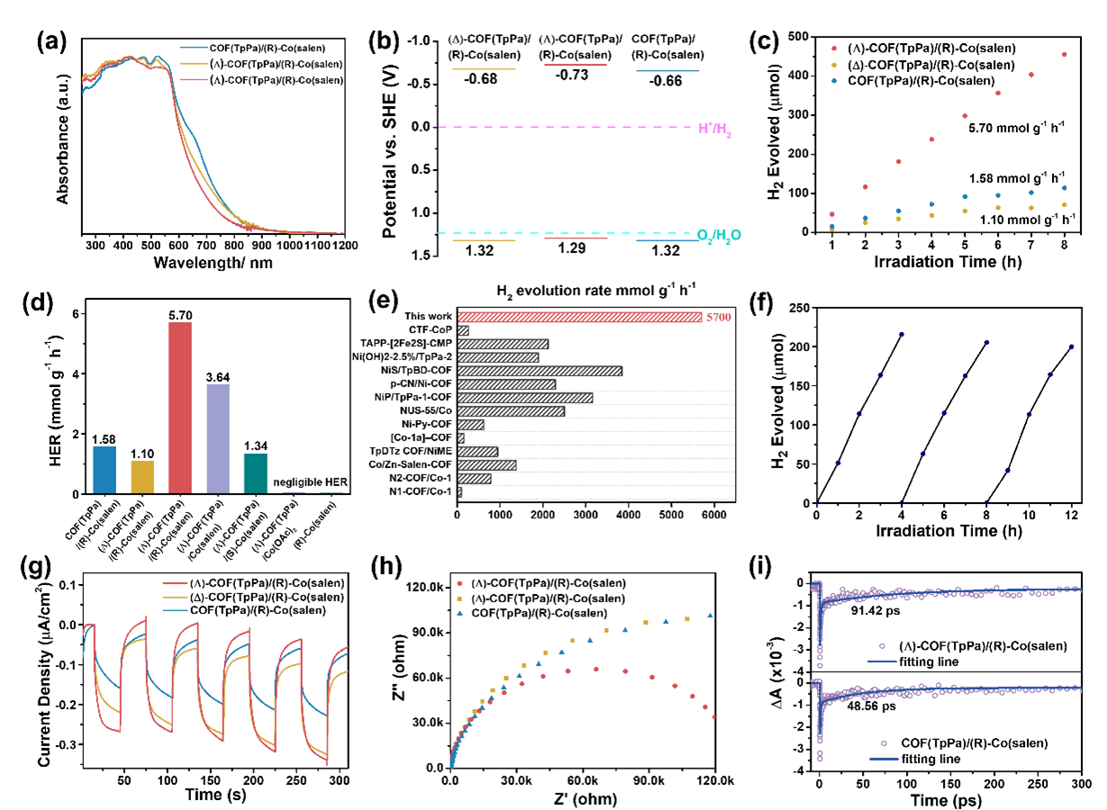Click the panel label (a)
(x=52, y=41)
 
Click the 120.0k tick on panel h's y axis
(x=422, y=588)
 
